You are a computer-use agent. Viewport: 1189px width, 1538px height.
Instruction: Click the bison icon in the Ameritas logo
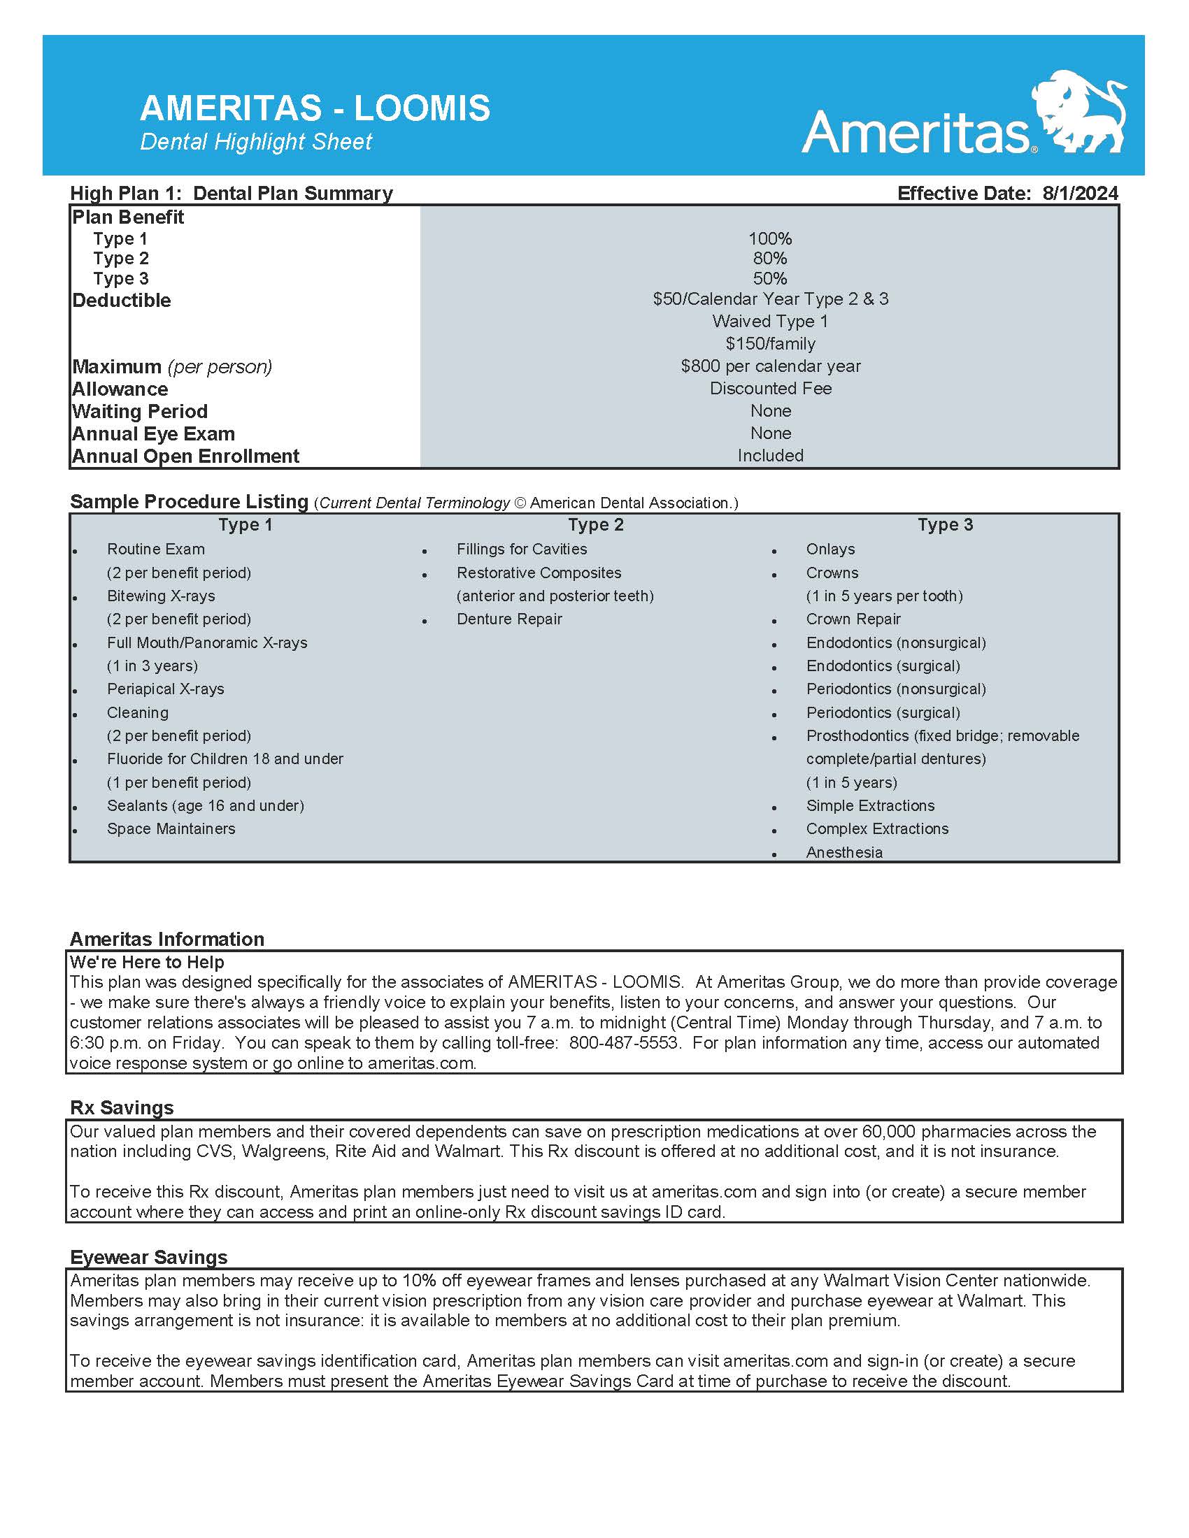(x=1079, y=110)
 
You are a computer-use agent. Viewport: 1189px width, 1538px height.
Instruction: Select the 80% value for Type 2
(x=770, y=259)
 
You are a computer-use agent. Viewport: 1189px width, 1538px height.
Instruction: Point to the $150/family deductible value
(x=771, y=344)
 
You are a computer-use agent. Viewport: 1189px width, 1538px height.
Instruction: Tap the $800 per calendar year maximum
(x=771, y=366)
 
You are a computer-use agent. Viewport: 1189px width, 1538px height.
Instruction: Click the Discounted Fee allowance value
(x=771, y=389)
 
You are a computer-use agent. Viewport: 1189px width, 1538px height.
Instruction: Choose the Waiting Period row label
(x=139, y=411)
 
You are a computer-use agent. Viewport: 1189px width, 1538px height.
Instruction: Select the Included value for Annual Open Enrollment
(x=771, y=456)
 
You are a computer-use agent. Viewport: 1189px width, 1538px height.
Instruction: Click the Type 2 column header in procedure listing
(x=596, y=524)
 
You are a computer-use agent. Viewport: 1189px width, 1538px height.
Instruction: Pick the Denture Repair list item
(x=509, y=619)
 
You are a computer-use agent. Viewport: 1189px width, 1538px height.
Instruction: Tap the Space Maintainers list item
(x=171, y=829)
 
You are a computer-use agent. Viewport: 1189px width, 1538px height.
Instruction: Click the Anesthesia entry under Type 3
(x=844, y=852)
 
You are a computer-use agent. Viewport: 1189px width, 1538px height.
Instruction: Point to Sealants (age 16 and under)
(x=206, y=805)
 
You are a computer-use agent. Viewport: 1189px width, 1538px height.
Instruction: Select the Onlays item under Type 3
(x=830, y=549)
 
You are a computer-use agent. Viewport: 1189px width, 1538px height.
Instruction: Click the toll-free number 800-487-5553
(x=623, y=1043)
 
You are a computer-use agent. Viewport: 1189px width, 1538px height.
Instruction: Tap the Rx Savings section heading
(x=122, y=1108)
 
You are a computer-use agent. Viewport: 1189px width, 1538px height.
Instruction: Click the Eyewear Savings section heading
(x=148, y=1258)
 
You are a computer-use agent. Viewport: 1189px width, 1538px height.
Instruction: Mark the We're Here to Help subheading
(x=146, y=962)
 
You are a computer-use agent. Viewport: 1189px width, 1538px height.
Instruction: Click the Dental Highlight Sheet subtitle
(x=256, y=142)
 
